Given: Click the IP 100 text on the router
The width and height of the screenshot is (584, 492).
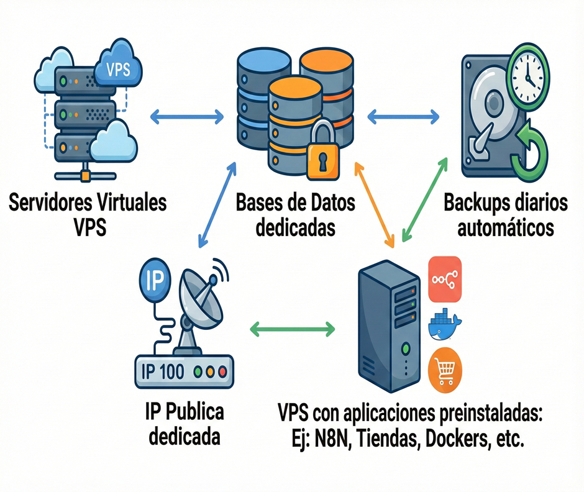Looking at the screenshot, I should pyautogui.click(x=163, y=371).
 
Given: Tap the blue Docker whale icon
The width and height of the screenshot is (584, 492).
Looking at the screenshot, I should pyautogui.click(x=445, y=325).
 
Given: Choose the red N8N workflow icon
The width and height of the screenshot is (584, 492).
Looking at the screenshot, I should pyautogui.click(x=446, y=278).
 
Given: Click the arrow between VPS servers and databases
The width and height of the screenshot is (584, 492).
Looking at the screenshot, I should pyautogui.click(x=187, y=115).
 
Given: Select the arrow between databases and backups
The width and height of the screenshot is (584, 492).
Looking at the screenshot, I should pyautogui.click(x=404, y=115).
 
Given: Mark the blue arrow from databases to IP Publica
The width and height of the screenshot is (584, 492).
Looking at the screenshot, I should pyautogui.click(x=216, y=205).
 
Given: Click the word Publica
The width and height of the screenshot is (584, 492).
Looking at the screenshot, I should pyautogui.click(x=193, y=412).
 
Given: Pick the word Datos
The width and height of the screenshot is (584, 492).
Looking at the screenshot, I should pyautogui.click(x=326, y=203).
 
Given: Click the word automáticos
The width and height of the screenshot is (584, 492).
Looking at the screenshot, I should pyautogui.click(x=505, y=227).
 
